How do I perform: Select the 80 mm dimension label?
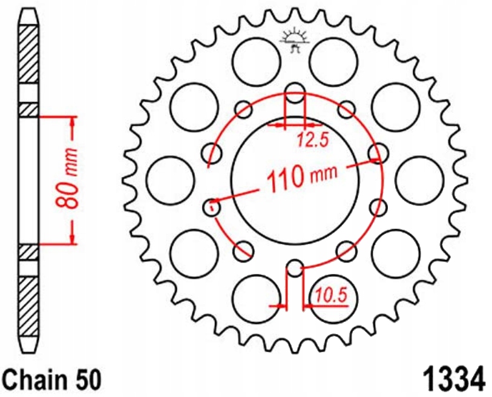(71, 178)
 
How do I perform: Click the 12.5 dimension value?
(312, 142)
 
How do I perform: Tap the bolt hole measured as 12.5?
(295, 94)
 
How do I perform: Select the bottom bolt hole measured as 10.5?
(295, 269)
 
